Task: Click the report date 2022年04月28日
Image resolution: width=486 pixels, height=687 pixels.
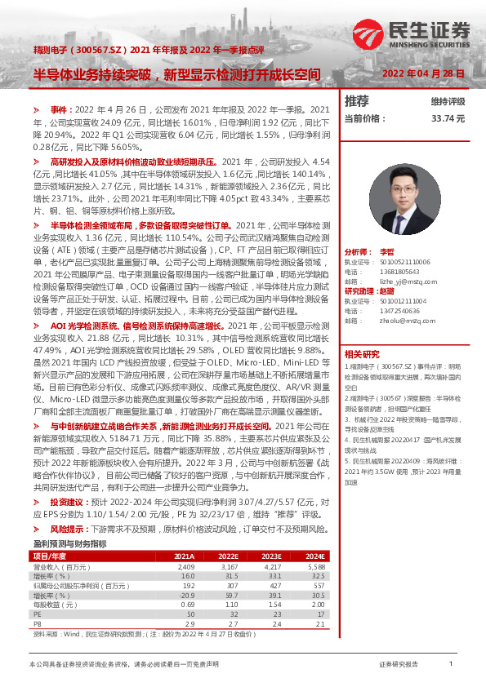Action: pos(423,73)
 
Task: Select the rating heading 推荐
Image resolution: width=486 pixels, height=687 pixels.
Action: pos(357,101)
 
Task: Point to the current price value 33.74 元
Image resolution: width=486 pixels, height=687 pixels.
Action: pos(448,118)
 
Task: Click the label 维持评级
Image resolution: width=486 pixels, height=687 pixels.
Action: pos(448,101)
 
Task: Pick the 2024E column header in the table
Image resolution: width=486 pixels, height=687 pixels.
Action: pos(314,534)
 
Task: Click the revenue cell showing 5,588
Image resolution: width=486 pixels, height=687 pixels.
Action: pos(314,543)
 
